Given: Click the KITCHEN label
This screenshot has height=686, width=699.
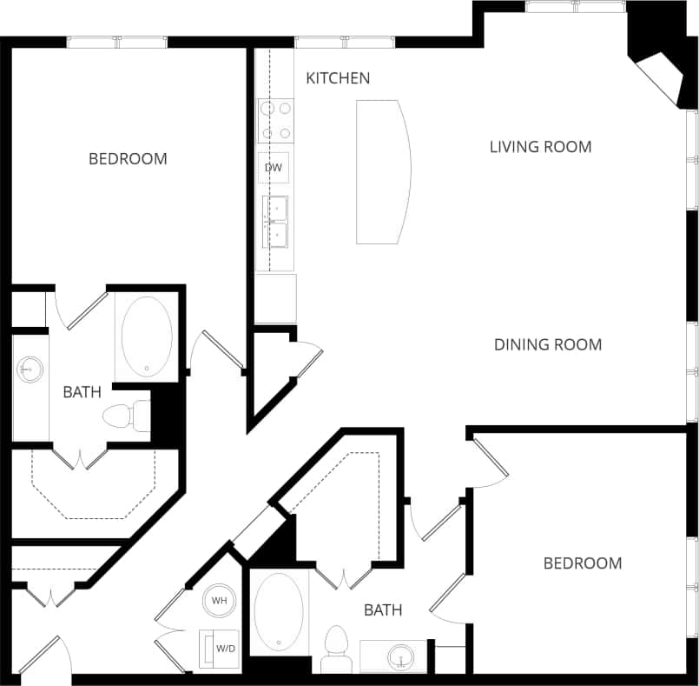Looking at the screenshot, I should point(338,78).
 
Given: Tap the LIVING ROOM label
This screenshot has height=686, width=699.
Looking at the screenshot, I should point(540,147).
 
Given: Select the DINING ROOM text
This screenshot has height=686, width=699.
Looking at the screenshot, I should point(547,345).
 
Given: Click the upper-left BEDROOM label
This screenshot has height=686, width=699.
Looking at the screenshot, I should point(128,159).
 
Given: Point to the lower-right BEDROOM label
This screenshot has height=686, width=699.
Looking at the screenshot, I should point(582,563).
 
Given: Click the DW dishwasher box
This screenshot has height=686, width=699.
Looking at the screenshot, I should point(274,167).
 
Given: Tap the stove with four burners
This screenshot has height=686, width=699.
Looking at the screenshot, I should point(276,121).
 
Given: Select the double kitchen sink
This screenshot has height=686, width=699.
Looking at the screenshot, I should point(276,222).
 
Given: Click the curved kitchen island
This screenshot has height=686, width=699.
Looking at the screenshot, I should point(382,172).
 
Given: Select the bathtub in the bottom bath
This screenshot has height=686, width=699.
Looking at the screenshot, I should point(279,611).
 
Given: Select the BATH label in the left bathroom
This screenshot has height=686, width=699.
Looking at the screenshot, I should point(82,392).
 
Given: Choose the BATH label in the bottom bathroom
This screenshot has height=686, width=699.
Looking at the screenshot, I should point(383,610).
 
